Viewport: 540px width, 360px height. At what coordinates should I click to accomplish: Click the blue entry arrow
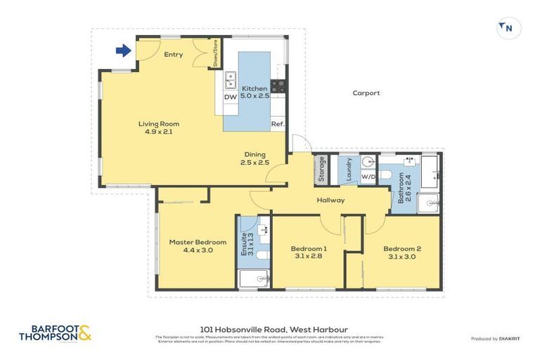click(x=123, y=50)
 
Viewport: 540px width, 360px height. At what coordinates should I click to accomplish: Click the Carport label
click(x=366, y=93)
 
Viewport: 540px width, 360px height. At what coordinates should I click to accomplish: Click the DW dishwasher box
click(x=230, y=97)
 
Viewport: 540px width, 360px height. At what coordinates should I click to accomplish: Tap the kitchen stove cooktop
click(x=278, y=86)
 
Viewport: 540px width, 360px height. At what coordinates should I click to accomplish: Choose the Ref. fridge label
click(x=277, y=126)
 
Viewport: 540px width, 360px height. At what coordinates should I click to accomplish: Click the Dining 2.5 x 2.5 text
click(x=255, y=158)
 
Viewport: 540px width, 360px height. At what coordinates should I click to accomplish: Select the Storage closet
click(x=322, y=169)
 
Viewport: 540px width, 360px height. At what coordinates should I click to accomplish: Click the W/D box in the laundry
click(x=368, y=176)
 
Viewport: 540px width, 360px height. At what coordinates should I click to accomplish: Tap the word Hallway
click(x=330, y=200)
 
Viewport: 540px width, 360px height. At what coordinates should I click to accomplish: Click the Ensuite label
click(x=245, y=243)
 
